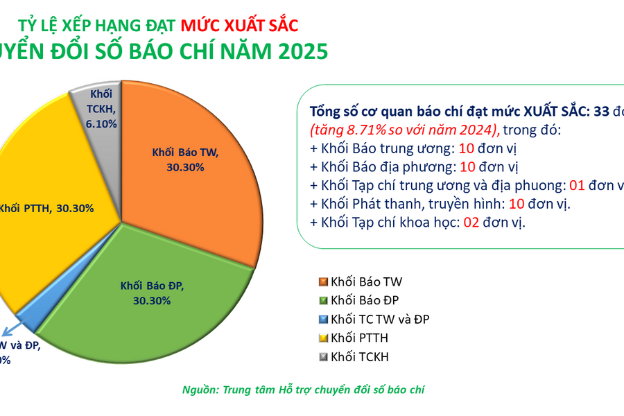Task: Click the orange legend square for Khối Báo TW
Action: pyautogui.click(x=322, y=281)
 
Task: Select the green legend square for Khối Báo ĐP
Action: pyautogui.click(x=322, y=300)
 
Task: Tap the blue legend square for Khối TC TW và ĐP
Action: pyautogui.click(x=322, y=320)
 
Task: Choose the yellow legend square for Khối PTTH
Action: pyautogui.click(x=322, y=338)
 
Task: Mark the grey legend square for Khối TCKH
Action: pyautogui.click(x=322, y=357)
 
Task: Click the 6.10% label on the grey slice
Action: pyautogui.click(x=101, y=123)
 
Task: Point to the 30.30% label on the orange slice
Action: pyautogui.click(x=184, y=167)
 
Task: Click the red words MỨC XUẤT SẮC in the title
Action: pyautogui.click(x=239, y=26)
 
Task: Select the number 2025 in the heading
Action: pyautogui.click(x=299, y=53)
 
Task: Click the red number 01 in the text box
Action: pyautogui.click(x=577, y=186)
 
